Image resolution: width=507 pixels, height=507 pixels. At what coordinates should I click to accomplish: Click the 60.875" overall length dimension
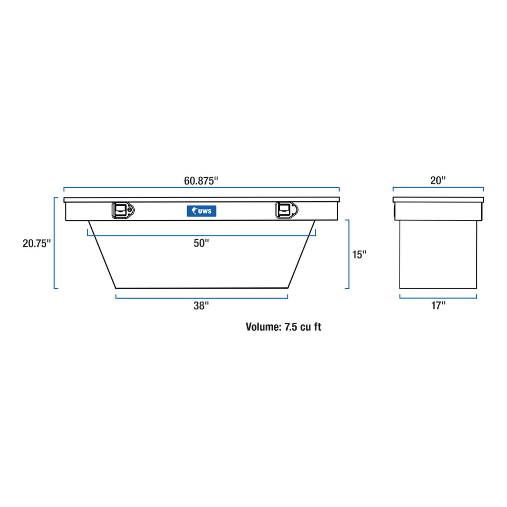[x=201, y=181]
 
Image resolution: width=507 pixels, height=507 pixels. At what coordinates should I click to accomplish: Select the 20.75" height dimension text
[x=37, y=243]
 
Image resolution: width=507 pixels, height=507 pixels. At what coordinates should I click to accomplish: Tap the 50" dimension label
[x=201, y=243]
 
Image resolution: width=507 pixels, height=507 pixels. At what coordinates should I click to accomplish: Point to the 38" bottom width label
[x=201, y=305]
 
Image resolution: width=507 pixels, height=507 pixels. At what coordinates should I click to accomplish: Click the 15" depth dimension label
[x=359, y=254]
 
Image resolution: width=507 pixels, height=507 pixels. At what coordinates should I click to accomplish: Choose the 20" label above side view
[x=438, y=181]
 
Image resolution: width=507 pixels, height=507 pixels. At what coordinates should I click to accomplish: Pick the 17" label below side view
[x=438, y=305]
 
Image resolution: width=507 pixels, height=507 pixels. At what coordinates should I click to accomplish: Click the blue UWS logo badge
[x=202, y=211]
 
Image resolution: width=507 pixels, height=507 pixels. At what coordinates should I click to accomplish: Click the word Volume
[x=263, y=327]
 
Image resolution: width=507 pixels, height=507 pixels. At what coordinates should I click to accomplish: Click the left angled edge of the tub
[x=102, y=254]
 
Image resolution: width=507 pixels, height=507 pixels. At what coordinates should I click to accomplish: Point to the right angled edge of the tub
[x=302, y=254]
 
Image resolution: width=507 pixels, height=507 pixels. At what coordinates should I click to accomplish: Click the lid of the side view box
[x=438, y=200]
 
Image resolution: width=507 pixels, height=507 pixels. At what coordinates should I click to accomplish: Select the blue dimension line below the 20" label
[x=438, y=188]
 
